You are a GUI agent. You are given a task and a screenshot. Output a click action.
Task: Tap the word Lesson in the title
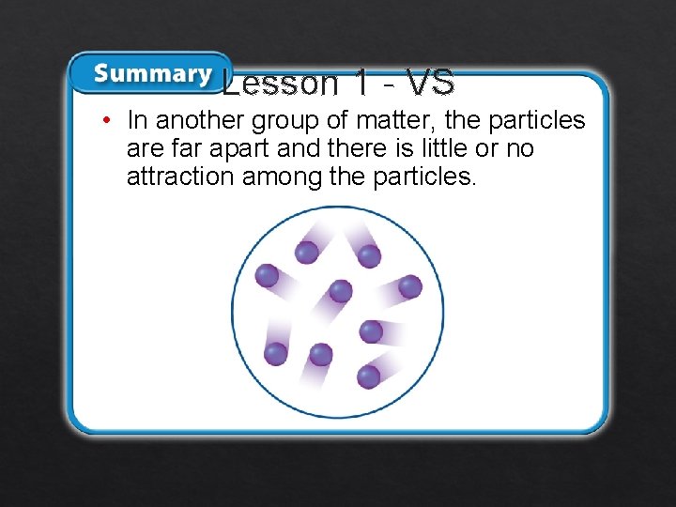[x=281, y=84]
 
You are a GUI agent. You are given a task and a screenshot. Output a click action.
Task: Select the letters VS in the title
[x=431, y=84]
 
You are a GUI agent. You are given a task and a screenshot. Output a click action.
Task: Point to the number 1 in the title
[x=361, y=84]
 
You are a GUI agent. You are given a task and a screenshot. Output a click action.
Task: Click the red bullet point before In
[x=109, y=121]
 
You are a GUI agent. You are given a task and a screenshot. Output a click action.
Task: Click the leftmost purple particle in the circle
[x=268, y=275]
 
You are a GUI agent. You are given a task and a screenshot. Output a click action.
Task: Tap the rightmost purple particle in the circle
[x=410, y=286]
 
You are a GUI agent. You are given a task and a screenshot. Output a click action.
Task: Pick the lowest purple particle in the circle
[x=369, y=376]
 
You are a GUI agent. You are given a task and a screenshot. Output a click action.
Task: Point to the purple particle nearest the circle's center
[x=340, y=291]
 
